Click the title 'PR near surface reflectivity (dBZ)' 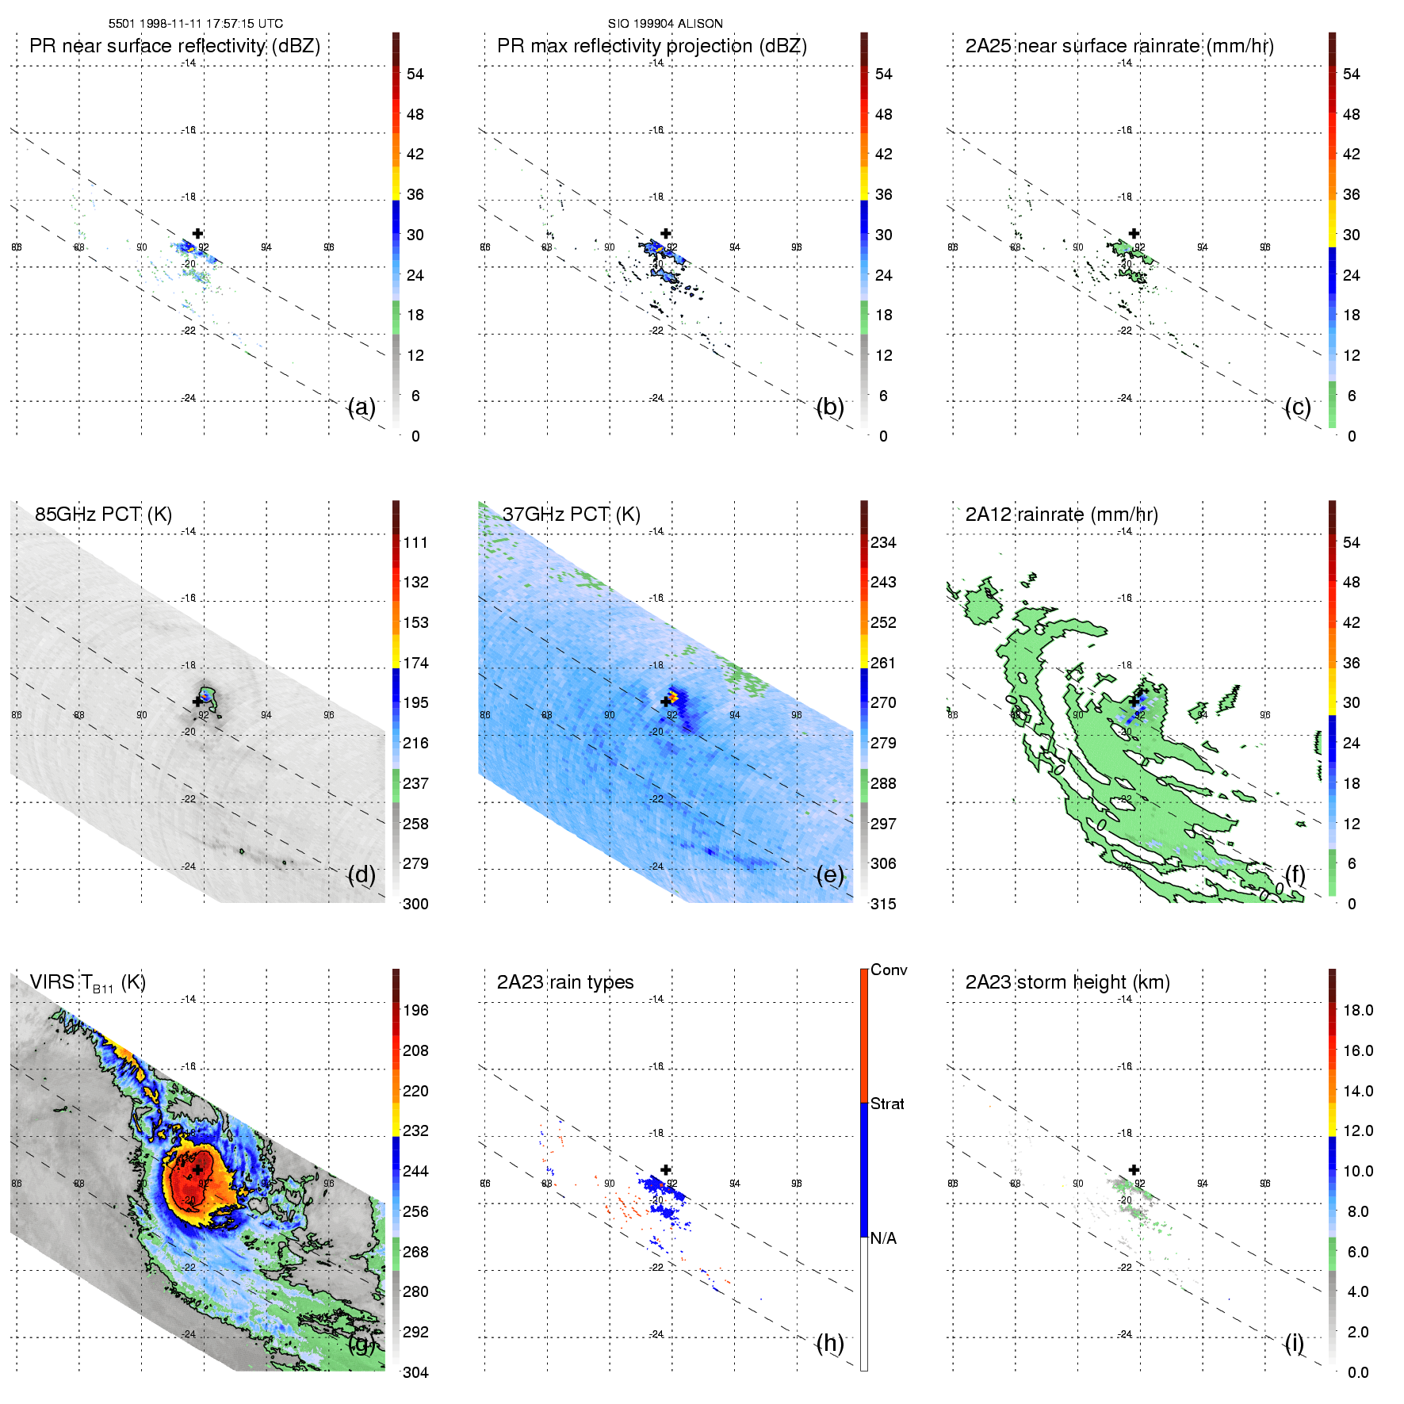click(x=174, y=46)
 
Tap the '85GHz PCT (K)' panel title click(x=103, y=515)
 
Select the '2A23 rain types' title click(x=564, y=982)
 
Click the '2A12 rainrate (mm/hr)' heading click(x=1061, y=515)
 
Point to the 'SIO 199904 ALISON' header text click(x=665, y=24)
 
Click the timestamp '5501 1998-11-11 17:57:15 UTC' click(x=195, y=24)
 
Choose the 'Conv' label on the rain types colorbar click(x=888, y=970)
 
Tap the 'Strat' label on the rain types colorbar click(x=887, y=1104)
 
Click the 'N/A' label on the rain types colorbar click(x=883, y=1238)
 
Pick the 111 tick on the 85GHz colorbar click(x=415, y=543)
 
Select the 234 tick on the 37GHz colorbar click(x=883, y=543)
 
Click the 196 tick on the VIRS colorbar click(x=415, y=1011)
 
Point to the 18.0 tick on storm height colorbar click(x=1357, y=1011)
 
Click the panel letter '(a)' click(x=362, y=407)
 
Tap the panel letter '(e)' click(x=829, y=875)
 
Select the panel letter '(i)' click(x=1294, y=1343)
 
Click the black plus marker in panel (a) click(x=197, y=233)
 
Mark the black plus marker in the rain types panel click(x=666, y=1169)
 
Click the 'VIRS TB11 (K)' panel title click(x=87, y=983)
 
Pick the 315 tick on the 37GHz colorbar click(x=883, y=905)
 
